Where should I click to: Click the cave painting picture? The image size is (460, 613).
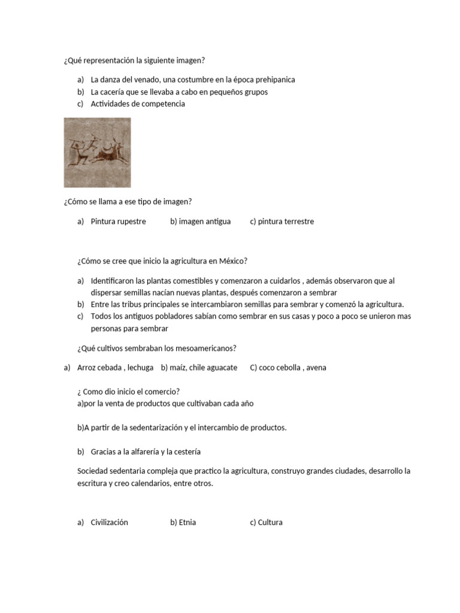97,152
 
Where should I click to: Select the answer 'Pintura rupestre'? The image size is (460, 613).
118,221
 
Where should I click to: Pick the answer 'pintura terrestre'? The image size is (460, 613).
286,221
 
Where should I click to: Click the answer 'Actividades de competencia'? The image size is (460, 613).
138,104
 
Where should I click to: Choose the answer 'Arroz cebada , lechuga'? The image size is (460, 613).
115,368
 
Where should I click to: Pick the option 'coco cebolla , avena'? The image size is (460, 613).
292,368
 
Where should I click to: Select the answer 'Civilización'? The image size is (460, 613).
109,523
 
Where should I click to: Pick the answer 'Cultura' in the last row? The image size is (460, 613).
270,523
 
